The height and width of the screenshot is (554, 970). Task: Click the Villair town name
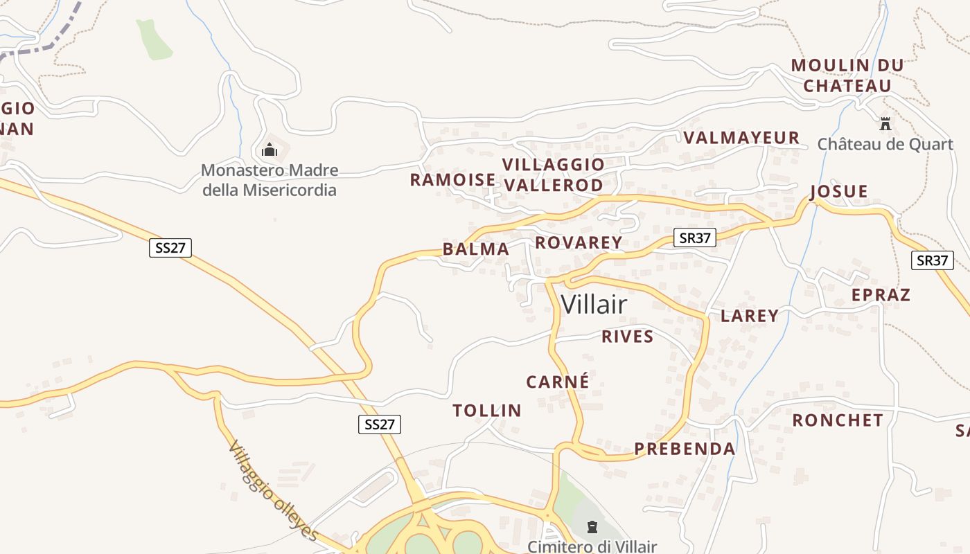point(594,305)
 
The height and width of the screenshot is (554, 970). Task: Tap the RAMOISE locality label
point(452,180)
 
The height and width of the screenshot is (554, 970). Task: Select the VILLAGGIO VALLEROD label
point(553,175)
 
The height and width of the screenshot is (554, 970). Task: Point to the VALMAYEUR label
point(741,138)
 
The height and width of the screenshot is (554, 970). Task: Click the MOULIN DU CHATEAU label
point(847,75)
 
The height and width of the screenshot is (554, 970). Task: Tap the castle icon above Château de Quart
point(885,124)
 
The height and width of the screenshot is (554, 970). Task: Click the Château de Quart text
point(885,144)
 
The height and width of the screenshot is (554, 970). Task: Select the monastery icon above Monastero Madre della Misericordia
point(270,150)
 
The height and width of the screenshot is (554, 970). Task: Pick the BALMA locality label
point(475,249)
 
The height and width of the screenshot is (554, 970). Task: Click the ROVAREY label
point(579,242)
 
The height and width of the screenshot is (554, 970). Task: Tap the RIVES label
point(627,337)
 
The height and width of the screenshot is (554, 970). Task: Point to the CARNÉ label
point(558,382)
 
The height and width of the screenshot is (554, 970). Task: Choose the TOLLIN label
point(487,411)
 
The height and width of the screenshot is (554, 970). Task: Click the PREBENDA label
point(685,449)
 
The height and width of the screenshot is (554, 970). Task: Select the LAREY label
point(750,316)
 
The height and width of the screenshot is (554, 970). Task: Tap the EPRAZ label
point(881,295)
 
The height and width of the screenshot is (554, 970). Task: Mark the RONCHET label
point(838,420)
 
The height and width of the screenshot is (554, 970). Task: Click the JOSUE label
point(838,191)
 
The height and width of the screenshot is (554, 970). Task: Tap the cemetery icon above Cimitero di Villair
point(592,528)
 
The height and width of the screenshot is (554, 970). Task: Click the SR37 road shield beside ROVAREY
point(695,238)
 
